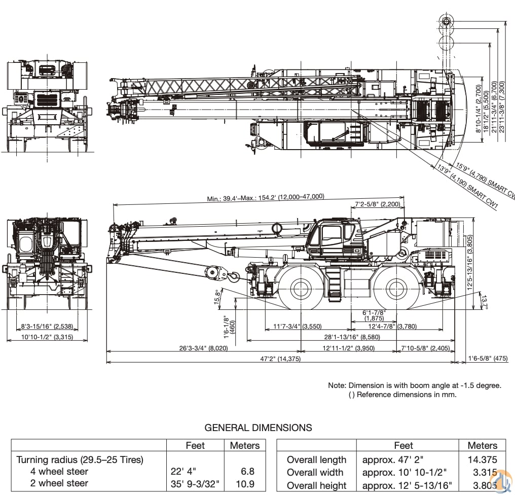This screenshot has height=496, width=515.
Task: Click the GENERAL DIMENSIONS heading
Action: pos(258,428)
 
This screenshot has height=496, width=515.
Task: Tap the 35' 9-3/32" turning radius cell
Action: pos(195,483)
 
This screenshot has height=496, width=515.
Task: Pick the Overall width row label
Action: pos(315,473)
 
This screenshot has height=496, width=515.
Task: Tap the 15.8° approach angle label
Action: pos(218,298)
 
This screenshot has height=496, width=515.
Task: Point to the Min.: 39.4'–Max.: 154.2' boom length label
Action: pos(265,198)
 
